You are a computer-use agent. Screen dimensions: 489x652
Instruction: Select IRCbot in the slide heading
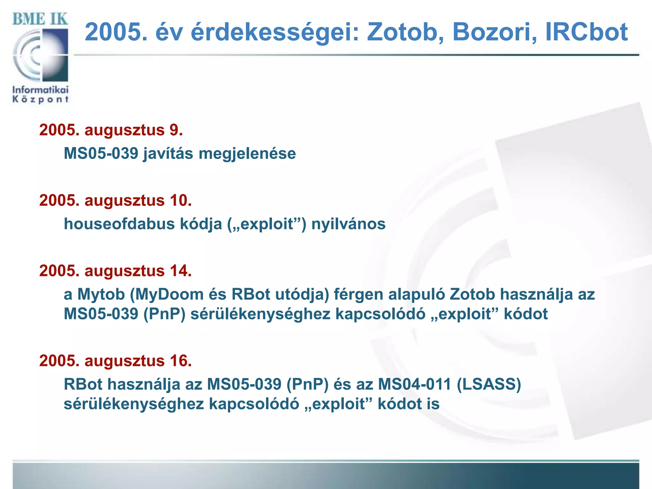[x=586, y=32]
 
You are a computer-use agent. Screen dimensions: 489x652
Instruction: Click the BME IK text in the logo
[x=40, y=19]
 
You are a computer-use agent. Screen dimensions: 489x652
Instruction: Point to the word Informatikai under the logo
[x=40, y=90]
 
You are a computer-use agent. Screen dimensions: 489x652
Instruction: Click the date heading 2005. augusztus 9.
[x=111, y=130]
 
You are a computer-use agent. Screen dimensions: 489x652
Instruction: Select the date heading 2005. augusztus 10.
[x=116, y=201]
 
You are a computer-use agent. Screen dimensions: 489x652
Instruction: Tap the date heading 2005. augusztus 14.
[x=116, y=271]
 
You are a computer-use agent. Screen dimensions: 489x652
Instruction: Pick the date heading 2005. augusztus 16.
[x=116, y=361]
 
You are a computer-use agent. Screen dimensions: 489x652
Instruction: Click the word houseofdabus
[x=119, y=224]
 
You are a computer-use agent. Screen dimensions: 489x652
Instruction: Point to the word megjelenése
[x=247, y=153]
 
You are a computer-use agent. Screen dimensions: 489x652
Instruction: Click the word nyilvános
[x=348, y=224]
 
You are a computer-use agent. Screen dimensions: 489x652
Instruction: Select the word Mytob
[x=101, y=294]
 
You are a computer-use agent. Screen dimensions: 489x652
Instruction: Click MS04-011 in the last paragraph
[x=415, y=384]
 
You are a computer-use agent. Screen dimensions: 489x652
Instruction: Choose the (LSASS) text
[x=489, y=384]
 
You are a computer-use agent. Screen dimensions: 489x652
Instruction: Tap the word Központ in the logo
[x=40, y=99]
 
